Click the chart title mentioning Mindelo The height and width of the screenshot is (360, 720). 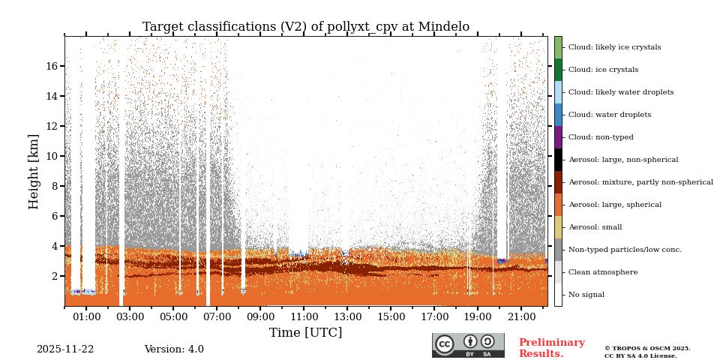(306, 27)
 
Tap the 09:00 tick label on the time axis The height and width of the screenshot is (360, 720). (260, 318)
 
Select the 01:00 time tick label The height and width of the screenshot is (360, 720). (86, 318)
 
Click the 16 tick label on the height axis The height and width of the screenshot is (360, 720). (52, 66)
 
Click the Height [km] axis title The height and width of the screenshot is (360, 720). (34, 171)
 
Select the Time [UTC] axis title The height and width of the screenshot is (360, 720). (305, 333)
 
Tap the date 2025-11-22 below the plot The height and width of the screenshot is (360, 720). (65, 349)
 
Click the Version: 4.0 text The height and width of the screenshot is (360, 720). (174, 349)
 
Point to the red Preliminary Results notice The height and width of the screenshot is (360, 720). (551, 348)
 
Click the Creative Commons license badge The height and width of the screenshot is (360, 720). (468, 345)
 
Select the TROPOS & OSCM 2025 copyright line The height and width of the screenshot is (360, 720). (647, 348)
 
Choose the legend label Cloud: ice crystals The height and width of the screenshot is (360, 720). (603, 70)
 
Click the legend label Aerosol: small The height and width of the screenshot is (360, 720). (595, 227)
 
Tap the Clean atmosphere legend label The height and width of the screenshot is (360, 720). (603, 272)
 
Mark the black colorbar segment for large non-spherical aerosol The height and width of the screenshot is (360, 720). (558, 160)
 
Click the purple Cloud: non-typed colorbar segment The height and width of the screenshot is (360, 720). (558, 137)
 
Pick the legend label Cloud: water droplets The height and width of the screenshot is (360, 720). (609, 115)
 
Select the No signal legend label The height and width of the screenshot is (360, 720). (586, 295)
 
